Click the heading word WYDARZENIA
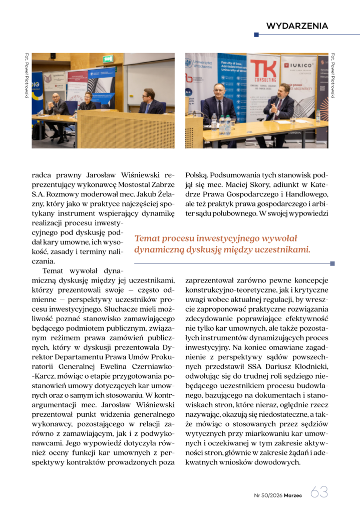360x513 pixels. (297, 26)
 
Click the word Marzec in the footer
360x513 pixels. (293, 495)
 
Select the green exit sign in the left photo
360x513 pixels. (108, 59)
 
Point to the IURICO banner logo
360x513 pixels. (300, 65)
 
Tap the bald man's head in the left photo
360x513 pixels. (56, 96)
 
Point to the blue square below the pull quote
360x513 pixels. (332, 263)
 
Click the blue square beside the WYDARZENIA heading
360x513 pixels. (256, 35)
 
